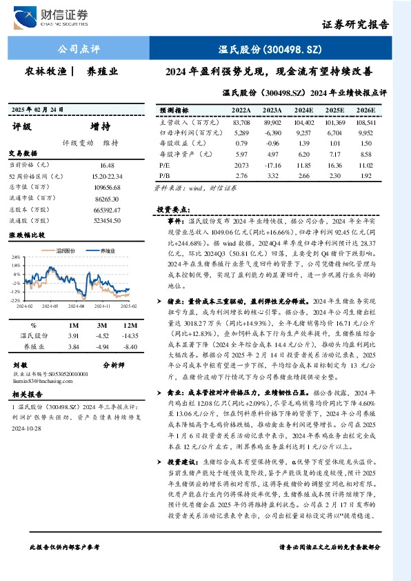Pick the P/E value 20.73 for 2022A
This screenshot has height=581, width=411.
tap(241, 166)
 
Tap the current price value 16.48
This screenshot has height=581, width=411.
tap(107, 166)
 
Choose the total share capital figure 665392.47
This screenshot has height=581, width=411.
tap(107, 208)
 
